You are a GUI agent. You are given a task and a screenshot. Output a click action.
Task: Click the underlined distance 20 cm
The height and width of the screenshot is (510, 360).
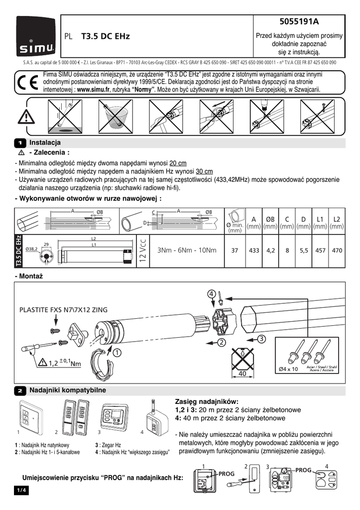(178, 163)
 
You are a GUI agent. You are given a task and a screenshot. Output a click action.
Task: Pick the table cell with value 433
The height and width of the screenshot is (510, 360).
(254, 251)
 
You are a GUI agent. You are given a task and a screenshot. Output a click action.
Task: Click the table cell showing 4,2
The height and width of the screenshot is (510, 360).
(270, 251)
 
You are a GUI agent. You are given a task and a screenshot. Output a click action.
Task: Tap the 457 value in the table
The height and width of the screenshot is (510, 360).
(320, 251)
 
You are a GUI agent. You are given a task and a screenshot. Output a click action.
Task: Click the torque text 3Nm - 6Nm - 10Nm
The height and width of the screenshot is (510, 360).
(187, 250)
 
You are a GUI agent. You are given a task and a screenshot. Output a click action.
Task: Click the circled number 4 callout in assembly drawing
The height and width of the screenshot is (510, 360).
(212, 294)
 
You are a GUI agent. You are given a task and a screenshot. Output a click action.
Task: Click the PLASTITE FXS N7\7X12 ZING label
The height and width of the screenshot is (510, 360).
(63, 309)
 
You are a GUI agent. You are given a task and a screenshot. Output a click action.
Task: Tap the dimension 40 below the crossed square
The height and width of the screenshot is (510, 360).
(243, 373)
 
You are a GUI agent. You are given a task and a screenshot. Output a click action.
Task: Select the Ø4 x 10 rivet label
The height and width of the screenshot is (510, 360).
(289, 369)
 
